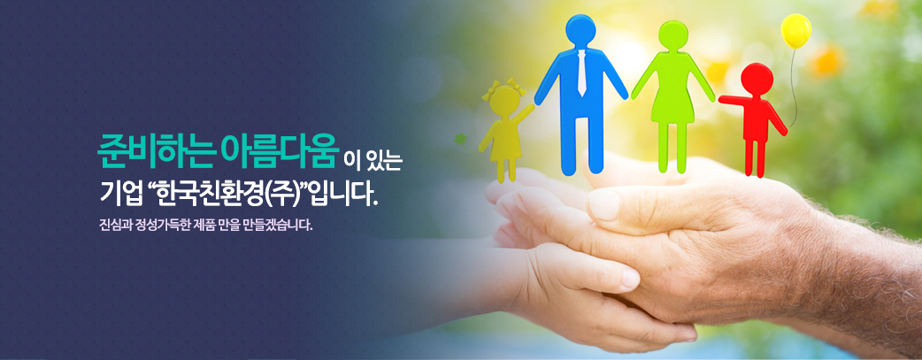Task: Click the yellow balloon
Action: click(795, 31)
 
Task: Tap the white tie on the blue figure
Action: click(581, 73)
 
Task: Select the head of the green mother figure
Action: click(673, 35)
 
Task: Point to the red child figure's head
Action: click(757, 79)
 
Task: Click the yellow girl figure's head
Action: click(504, 100)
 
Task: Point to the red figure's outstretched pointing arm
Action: click(733, 101)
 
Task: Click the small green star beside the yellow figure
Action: click(460, 139)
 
